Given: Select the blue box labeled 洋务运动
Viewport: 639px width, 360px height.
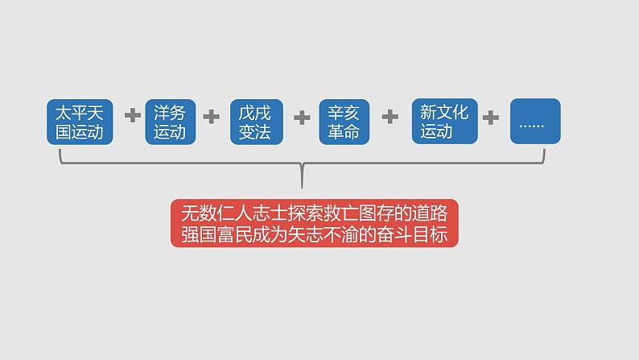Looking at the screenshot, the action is (170, 122).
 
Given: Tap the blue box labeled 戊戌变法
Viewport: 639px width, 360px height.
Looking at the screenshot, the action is (255, 122).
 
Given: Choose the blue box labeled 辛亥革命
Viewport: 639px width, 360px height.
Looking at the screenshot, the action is (344, 122).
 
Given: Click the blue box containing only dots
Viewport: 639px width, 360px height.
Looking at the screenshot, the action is (534, 122).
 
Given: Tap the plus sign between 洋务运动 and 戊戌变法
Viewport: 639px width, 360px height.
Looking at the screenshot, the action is (211, 117).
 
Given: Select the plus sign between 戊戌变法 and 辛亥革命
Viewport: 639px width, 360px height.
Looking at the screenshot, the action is (302, 118).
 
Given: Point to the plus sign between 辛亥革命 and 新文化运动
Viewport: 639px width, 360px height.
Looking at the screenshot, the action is (390, 117).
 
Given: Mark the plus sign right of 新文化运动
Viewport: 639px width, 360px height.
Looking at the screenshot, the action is (490, 118).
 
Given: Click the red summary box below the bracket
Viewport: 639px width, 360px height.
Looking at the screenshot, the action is (314, 223).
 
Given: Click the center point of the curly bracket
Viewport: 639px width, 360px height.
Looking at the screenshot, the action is (302, 172).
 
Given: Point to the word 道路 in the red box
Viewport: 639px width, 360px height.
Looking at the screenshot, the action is (437, 213).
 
